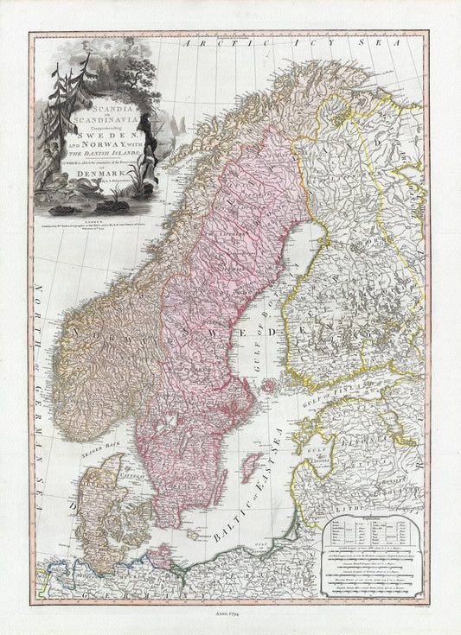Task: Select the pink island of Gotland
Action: point(252,468)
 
